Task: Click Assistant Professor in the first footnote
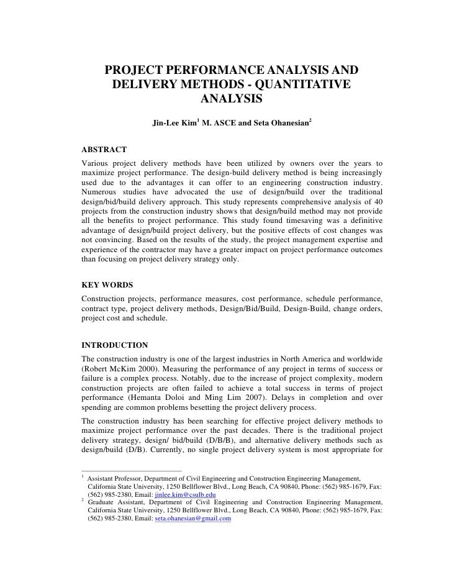pyautogui.click(x=116, y=479)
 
